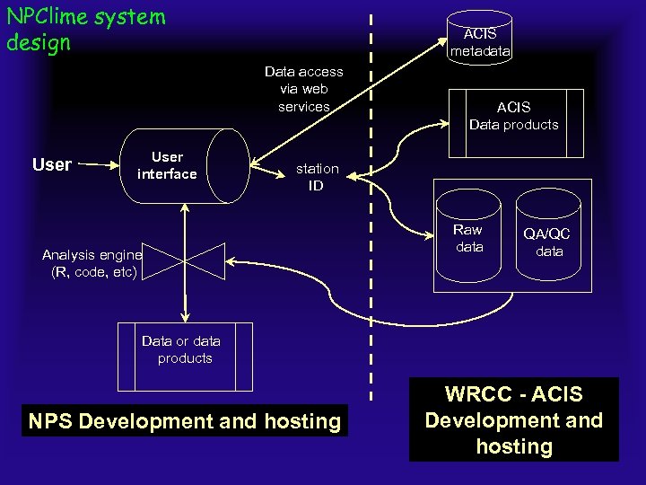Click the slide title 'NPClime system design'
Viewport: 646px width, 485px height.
click(85, 29)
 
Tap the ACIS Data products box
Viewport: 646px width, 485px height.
click(513, 115)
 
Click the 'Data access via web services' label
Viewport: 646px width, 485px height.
click(303, 89)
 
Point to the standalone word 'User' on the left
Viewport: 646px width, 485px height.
click(51, 164)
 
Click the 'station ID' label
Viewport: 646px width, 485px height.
click(317, 177)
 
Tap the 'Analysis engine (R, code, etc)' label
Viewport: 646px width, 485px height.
click(92, 262)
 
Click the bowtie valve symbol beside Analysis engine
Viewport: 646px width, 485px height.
click(185, 261)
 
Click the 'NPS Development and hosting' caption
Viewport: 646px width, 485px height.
click(185, 421)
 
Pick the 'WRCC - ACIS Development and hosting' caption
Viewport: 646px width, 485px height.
click(513, 419)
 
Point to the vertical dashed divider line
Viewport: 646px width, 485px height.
click(371, 269)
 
